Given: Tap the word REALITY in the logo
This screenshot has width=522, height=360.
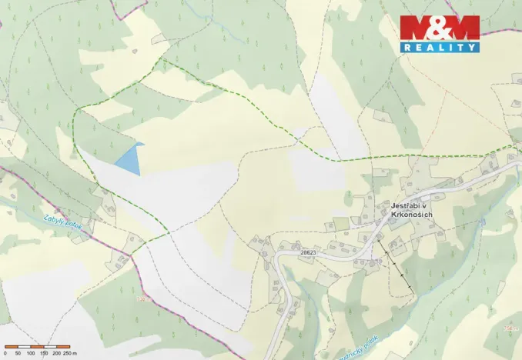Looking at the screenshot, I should tap(440, 47).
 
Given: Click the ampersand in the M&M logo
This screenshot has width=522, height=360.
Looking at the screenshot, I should tap(440, 28).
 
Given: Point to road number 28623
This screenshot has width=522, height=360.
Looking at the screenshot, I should tap(308, 252).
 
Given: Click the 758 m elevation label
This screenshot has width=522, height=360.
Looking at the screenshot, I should tap(142, 298).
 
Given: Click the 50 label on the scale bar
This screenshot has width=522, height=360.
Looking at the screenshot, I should tap(18, 352).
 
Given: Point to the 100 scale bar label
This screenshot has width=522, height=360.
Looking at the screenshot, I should tap(31, 352).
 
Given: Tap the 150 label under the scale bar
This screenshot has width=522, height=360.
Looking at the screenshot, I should tap(44, 352).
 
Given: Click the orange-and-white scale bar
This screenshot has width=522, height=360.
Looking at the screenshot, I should tap(37, 345).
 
